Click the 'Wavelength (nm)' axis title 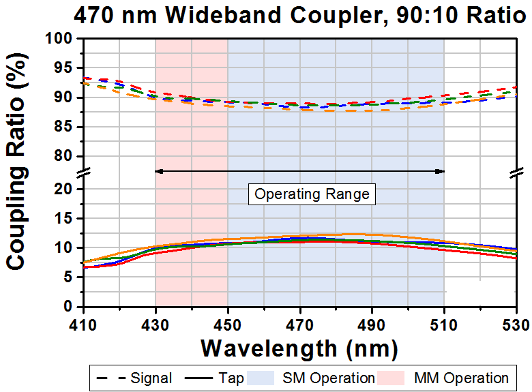pos(299,348)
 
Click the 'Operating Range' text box pos(312,194)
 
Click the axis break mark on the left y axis pos(83,173)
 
